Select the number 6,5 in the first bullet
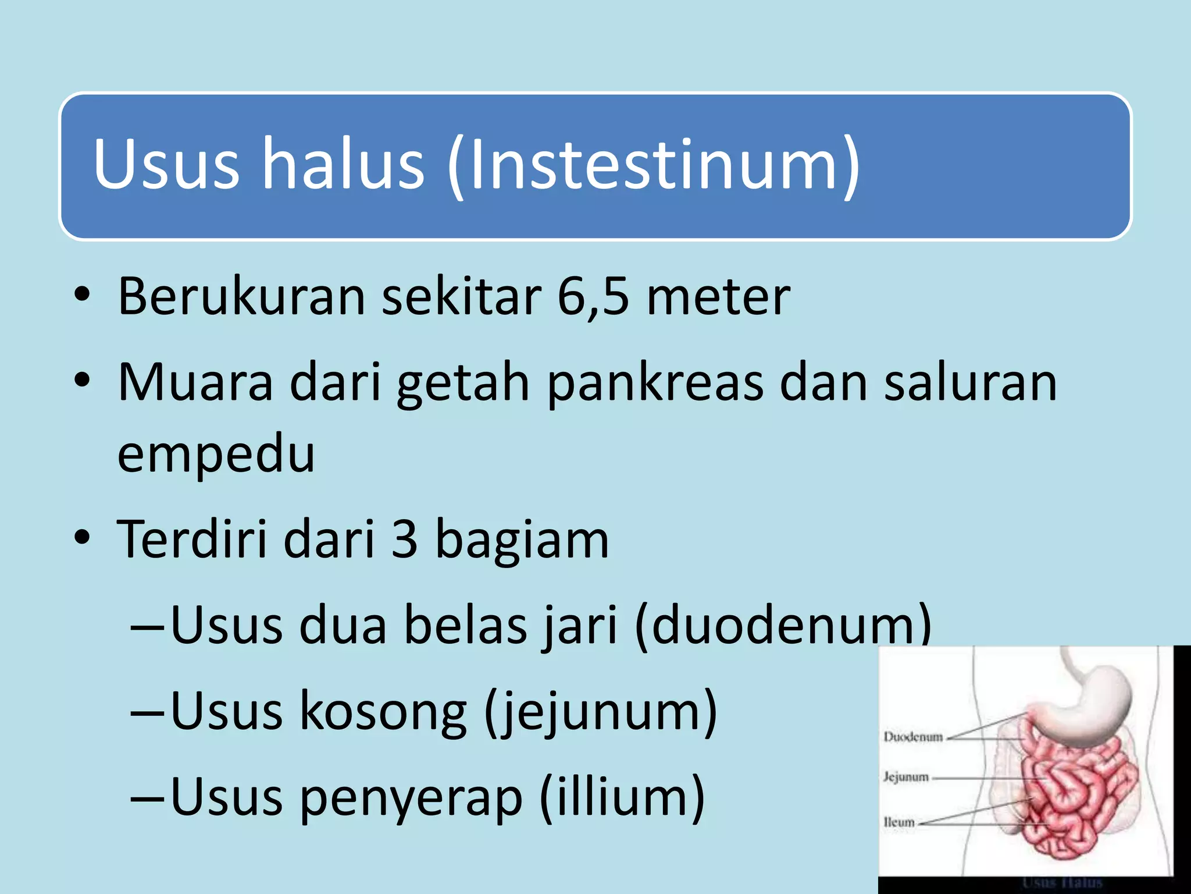(x=593, y=297)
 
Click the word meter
(x=718, y=297)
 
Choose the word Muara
(x=195, y=382)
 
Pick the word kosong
(x=383, y=711)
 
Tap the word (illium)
(x=622, y=797)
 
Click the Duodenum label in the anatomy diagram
(x=912, y=737)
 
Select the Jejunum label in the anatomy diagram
(x=906, y=777)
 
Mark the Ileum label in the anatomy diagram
(x=899, y=822)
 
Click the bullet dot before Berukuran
(x=82, y=295)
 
